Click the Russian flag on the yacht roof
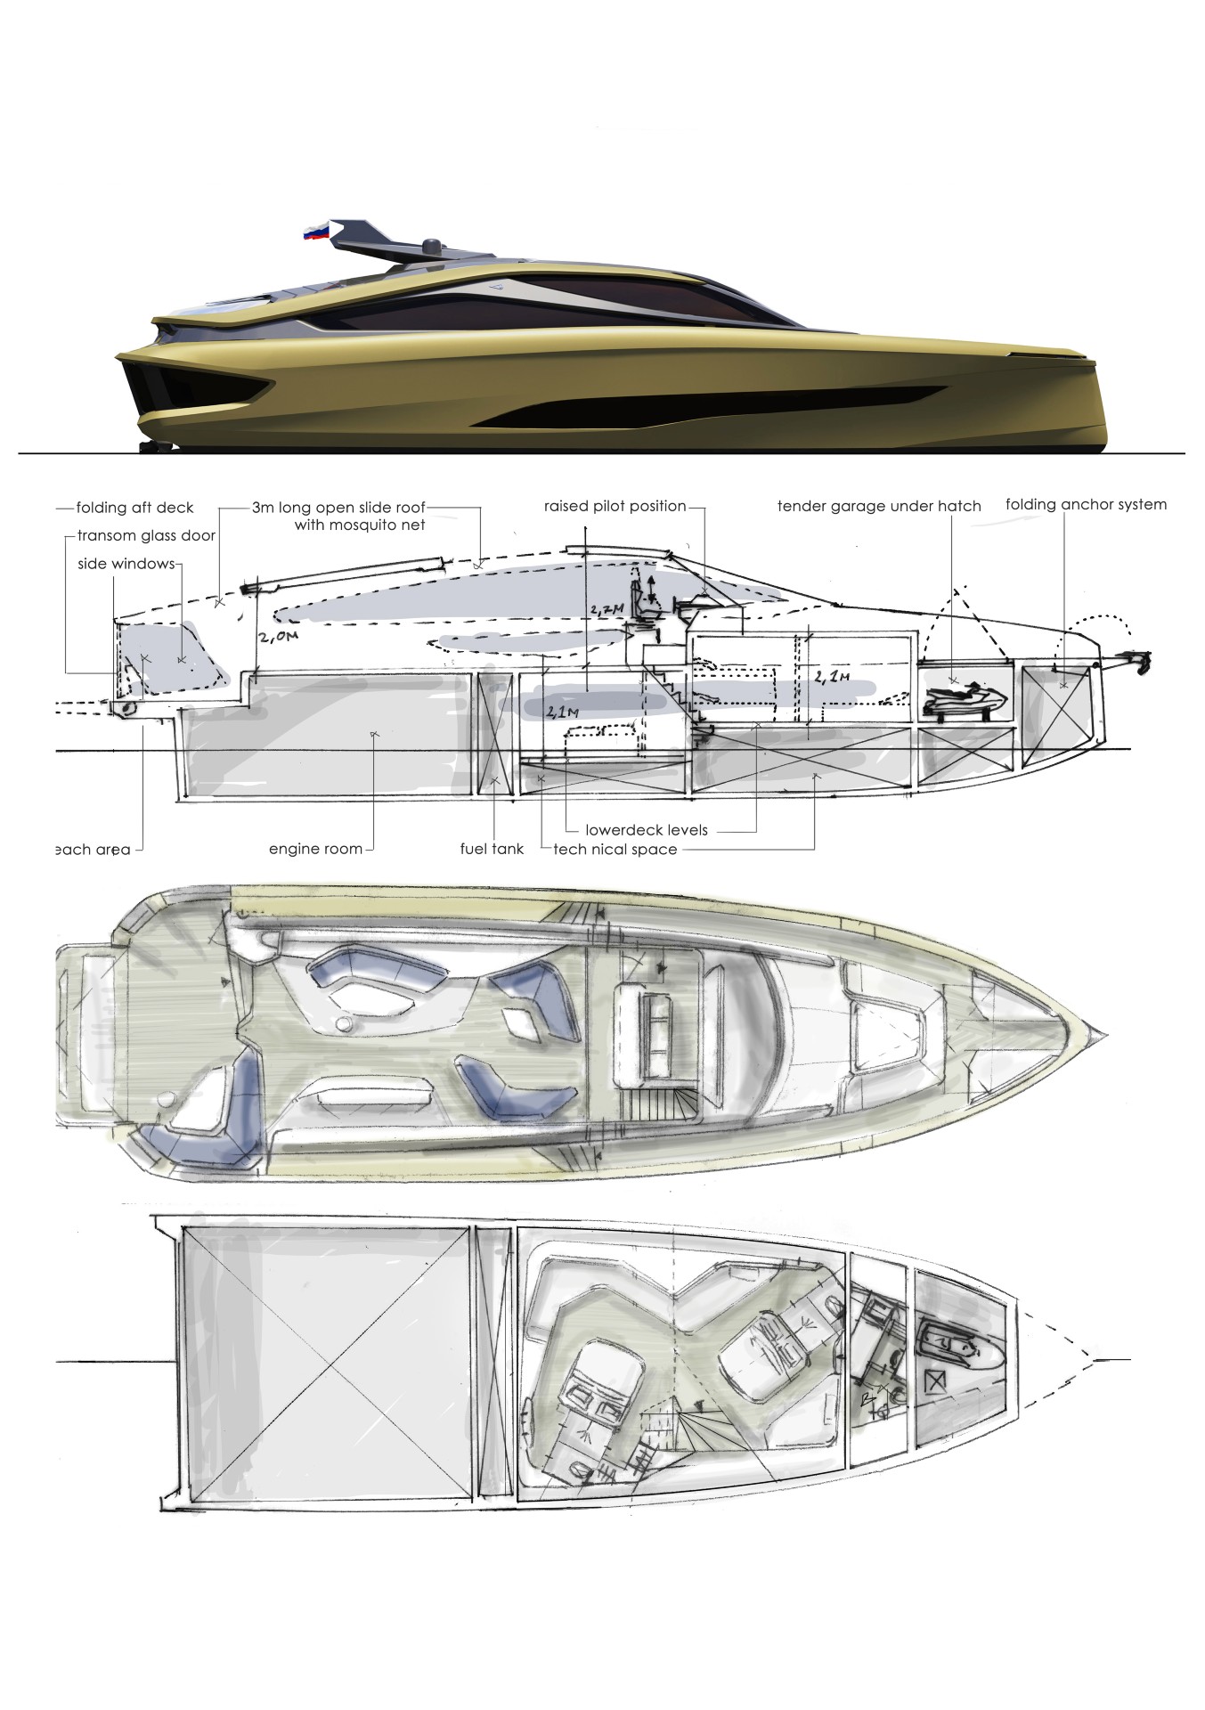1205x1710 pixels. (316, 232)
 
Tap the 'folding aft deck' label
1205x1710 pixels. (134, 508)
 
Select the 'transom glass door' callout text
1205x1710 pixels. (146, 536)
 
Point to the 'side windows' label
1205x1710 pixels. (126, 564)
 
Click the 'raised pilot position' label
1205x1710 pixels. (615, 506)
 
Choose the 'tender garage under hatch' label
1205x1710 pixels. (879, 506)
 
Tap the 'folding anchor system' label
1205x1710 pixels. (1086, 504)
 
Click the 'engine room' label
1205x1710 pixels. (315, 849)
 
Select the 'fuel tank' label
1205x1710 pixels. (492, 849)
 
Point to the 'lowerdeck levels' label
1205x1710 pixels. (647, 830)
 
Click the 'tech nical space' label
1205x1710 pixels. (615, 849)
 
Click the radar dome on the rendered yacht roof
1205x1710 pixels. (432, 244)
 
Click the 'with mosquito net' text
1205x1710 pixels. (360, 525)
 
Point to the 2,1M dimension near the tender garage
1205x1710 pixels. (832, 678)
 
